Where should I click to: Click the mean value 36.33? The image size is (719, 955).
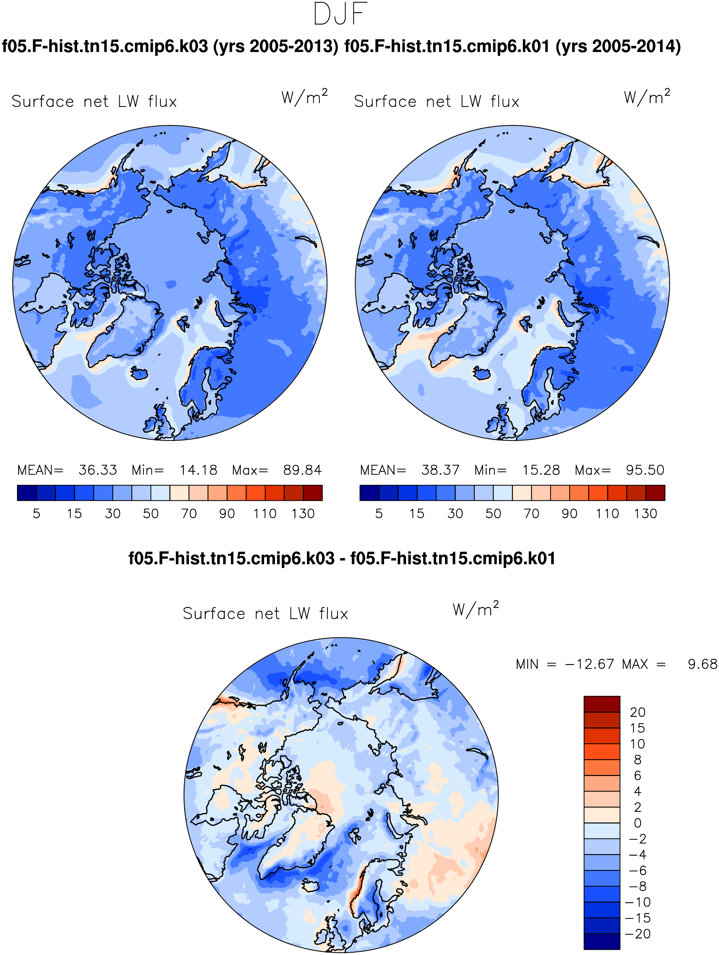(97, 470)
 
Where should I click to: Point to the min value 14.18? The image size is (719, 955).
(198, 470)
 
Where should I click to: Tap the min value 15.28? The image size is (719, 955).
(541, 470)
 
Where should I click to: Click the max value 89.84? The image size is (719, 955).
(302, 470)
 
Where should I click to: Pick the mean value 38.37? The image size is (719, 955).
(440, 470)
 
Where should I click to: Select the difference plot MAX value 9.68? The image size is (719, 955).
(702, 664)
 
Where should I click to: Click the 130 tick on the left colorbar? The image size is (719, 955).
(303, 513)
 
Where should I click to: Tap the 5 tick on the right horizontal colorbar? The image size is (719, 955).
(379, 513)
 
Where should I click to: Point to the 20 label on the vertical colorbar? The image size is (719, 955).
(638, 712)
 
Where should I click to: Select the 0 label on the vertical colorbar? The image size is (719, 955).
(638, 823)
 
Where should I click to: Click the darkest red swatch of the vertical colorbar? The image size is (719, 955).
(602, 704)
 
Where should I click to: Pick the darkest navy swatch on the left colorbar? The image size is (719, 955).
(27, 493)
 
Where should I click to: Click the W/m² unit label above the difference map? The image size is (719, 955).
(475, 609)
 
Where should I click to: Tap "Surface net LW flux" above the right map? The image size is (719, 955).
(436, 101)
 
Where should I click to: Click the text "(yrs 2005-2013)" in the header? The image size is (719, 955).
(276, 46)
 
